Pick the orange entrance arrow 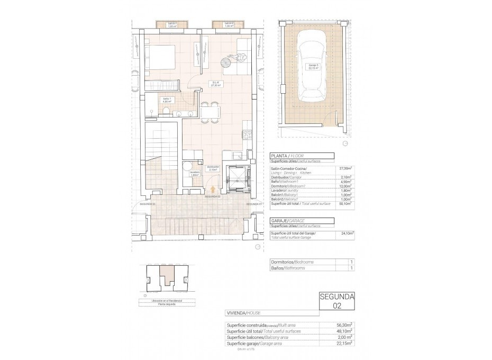pyautogui.click(x=213, y=188)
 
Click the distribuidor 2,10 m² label pyautogui.click(x=213, y=169)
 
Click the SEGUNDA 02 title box pyautogui.click(x=337, y=301)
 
